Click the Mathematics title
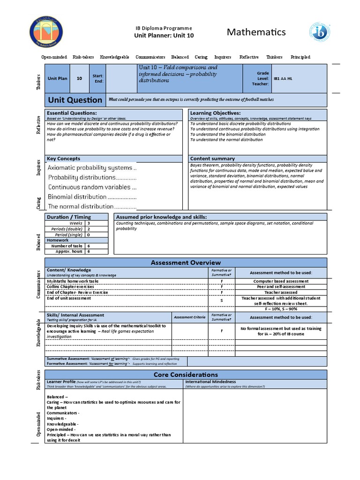click(256, 32)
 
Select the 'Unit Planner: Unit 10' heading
click(164, 35)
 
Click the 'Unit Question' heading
click(75, 100)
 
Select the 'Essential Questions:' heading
click(72, 113)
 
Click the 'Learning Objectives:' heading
click(215, 113)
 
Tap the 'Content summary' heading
click(212, 158)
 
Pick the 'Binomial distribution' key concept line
click(91, 197)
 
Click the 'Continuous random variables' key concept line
click(92, 187)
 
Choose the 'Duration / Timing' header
click(69, 217)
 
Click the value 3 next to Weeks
click(88, 223)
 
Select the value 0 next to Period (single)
click(88, 235)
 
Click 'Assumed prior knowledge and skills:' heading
click(161, 217)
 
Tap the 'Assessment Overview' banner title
click(186, 262)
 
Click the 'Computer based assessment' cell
click(281, 281)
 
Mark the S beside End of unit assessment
click(221, 300)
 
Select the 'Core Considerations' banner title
click(186, 375)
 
